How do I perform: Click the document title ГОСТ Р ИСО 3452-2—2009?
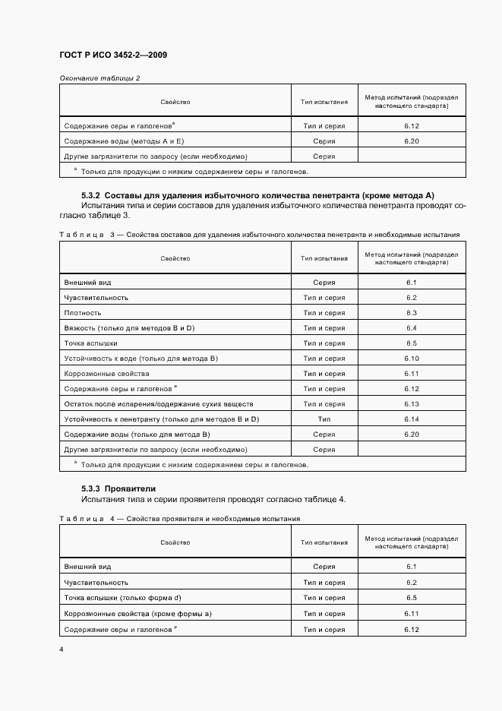pos(112,55)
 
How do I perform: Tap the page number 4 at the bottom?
pos(62,649)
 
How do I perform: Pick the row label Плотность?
pos(83,313)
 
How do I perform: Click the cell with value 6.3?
pos(412,313)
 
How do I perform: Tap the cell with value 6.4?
pos(412,328)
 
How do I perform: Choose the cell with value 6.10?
pos(412,359)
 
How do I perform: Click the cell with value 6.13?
pos(412,404)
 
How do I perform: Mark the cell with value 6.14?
pos(412,419)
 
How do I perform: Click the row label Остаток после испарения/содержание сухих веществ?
pos(159,404)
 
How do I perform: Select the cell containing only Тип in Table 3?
pos(324,419)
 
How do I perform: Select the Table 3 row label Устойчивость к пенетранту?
pos(162,419)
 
